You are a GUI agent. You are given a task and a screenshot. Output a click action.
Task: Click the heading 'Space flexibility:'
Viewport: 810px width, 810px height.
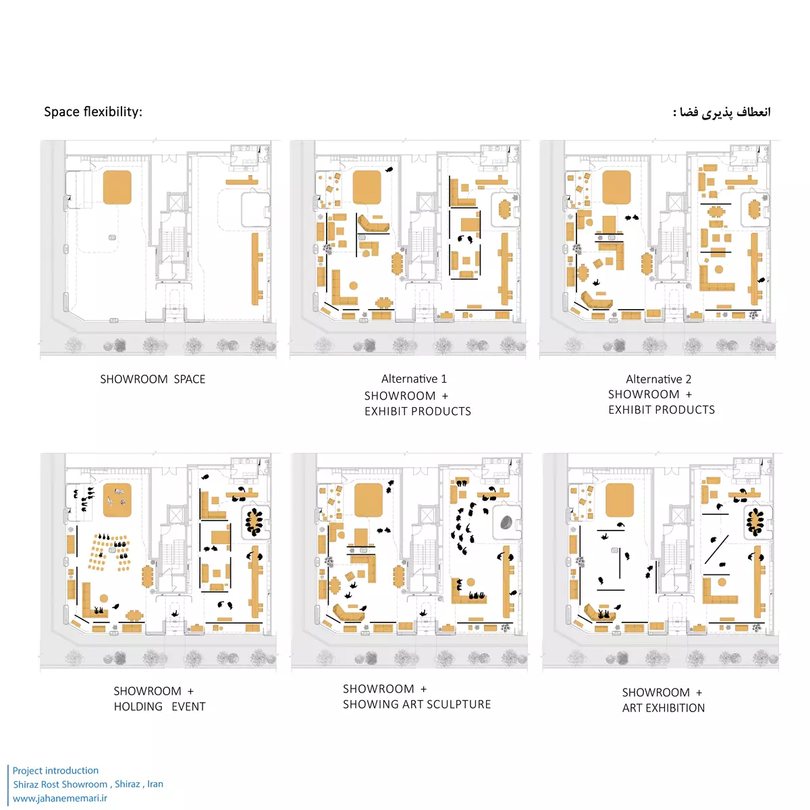point(93,112)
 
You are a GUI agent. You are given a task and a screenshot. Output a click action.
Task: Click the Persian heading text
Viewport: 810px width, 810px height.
point(722,112)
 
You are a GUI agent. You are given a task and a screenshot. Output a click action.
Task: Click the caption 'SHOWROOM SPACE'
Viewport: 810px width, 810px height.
point(153,379)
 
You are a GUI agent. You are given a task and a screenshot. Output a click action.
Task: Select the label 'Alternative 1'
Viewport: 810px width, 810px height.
point(414,379)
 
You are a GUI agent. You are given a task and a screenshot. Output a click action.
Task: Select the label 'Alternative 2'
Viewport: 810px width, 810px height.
point(658,379)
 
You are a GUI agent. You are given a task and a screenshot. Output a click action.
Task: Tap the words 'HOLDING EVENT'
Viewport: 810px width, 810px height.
point(159,707)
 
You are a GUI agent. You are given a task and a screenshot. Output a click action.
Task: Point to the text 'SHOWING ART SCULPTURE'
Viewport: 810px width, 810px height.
point(416,704)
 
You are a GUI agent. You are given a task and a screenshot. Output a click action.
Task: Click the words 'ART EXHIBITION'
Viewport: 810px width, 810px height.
point(664,708)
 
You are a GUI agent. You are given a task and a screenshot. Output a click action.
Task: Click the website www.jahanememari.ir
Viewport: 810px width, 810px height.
point(59,798)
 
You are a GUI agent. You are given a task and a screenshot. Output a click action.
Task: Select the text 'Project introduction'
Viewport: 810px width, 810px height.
point(55,770)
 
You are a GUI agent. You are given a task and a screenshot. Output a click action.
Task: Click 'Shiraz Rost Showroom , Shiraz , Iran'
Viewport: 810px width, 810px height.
point(88,784)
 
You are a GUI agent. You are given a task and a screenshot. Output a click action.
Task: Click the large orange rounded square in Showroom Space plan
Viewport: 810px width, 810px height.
point(117,187)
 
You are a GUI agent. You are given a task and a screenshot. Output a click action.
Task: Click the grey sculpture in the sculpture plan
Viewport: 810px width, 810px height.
point(506,522)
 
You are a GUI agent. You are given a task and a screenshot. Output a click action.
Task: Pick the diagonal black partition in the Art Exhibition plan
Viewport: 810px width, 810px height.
point(716,549)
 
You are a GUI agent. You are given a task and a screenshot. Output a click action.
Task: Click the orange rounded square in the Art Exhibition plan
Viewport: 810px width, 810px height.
point(619,500)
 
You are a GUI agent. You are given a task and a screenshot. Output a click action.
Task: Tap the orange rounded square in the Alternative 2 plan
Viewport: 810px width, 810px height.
point(616,187)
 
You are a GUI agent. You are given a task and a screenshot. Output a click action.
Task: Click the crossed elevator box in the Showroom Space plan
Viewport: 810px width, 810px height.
point(175,203)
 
